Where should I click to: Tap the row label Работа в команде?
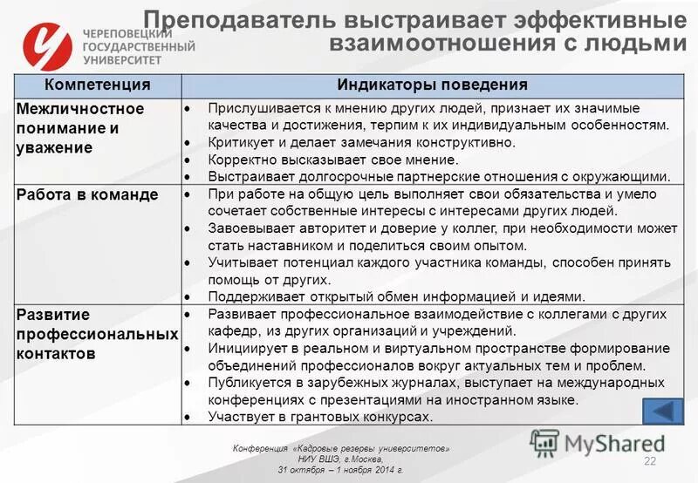(87, 194)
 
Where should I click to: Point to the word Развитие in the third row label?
(52, 314)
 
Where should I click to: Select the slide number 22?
(649, 460)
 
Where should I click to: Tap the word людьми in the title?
(636, 42)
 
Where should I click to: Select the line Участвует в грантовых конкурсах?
(320, 417)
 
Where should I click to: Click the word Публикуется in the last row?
(247, 382)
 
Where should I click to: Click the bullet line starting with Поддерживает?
(396, 296)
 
